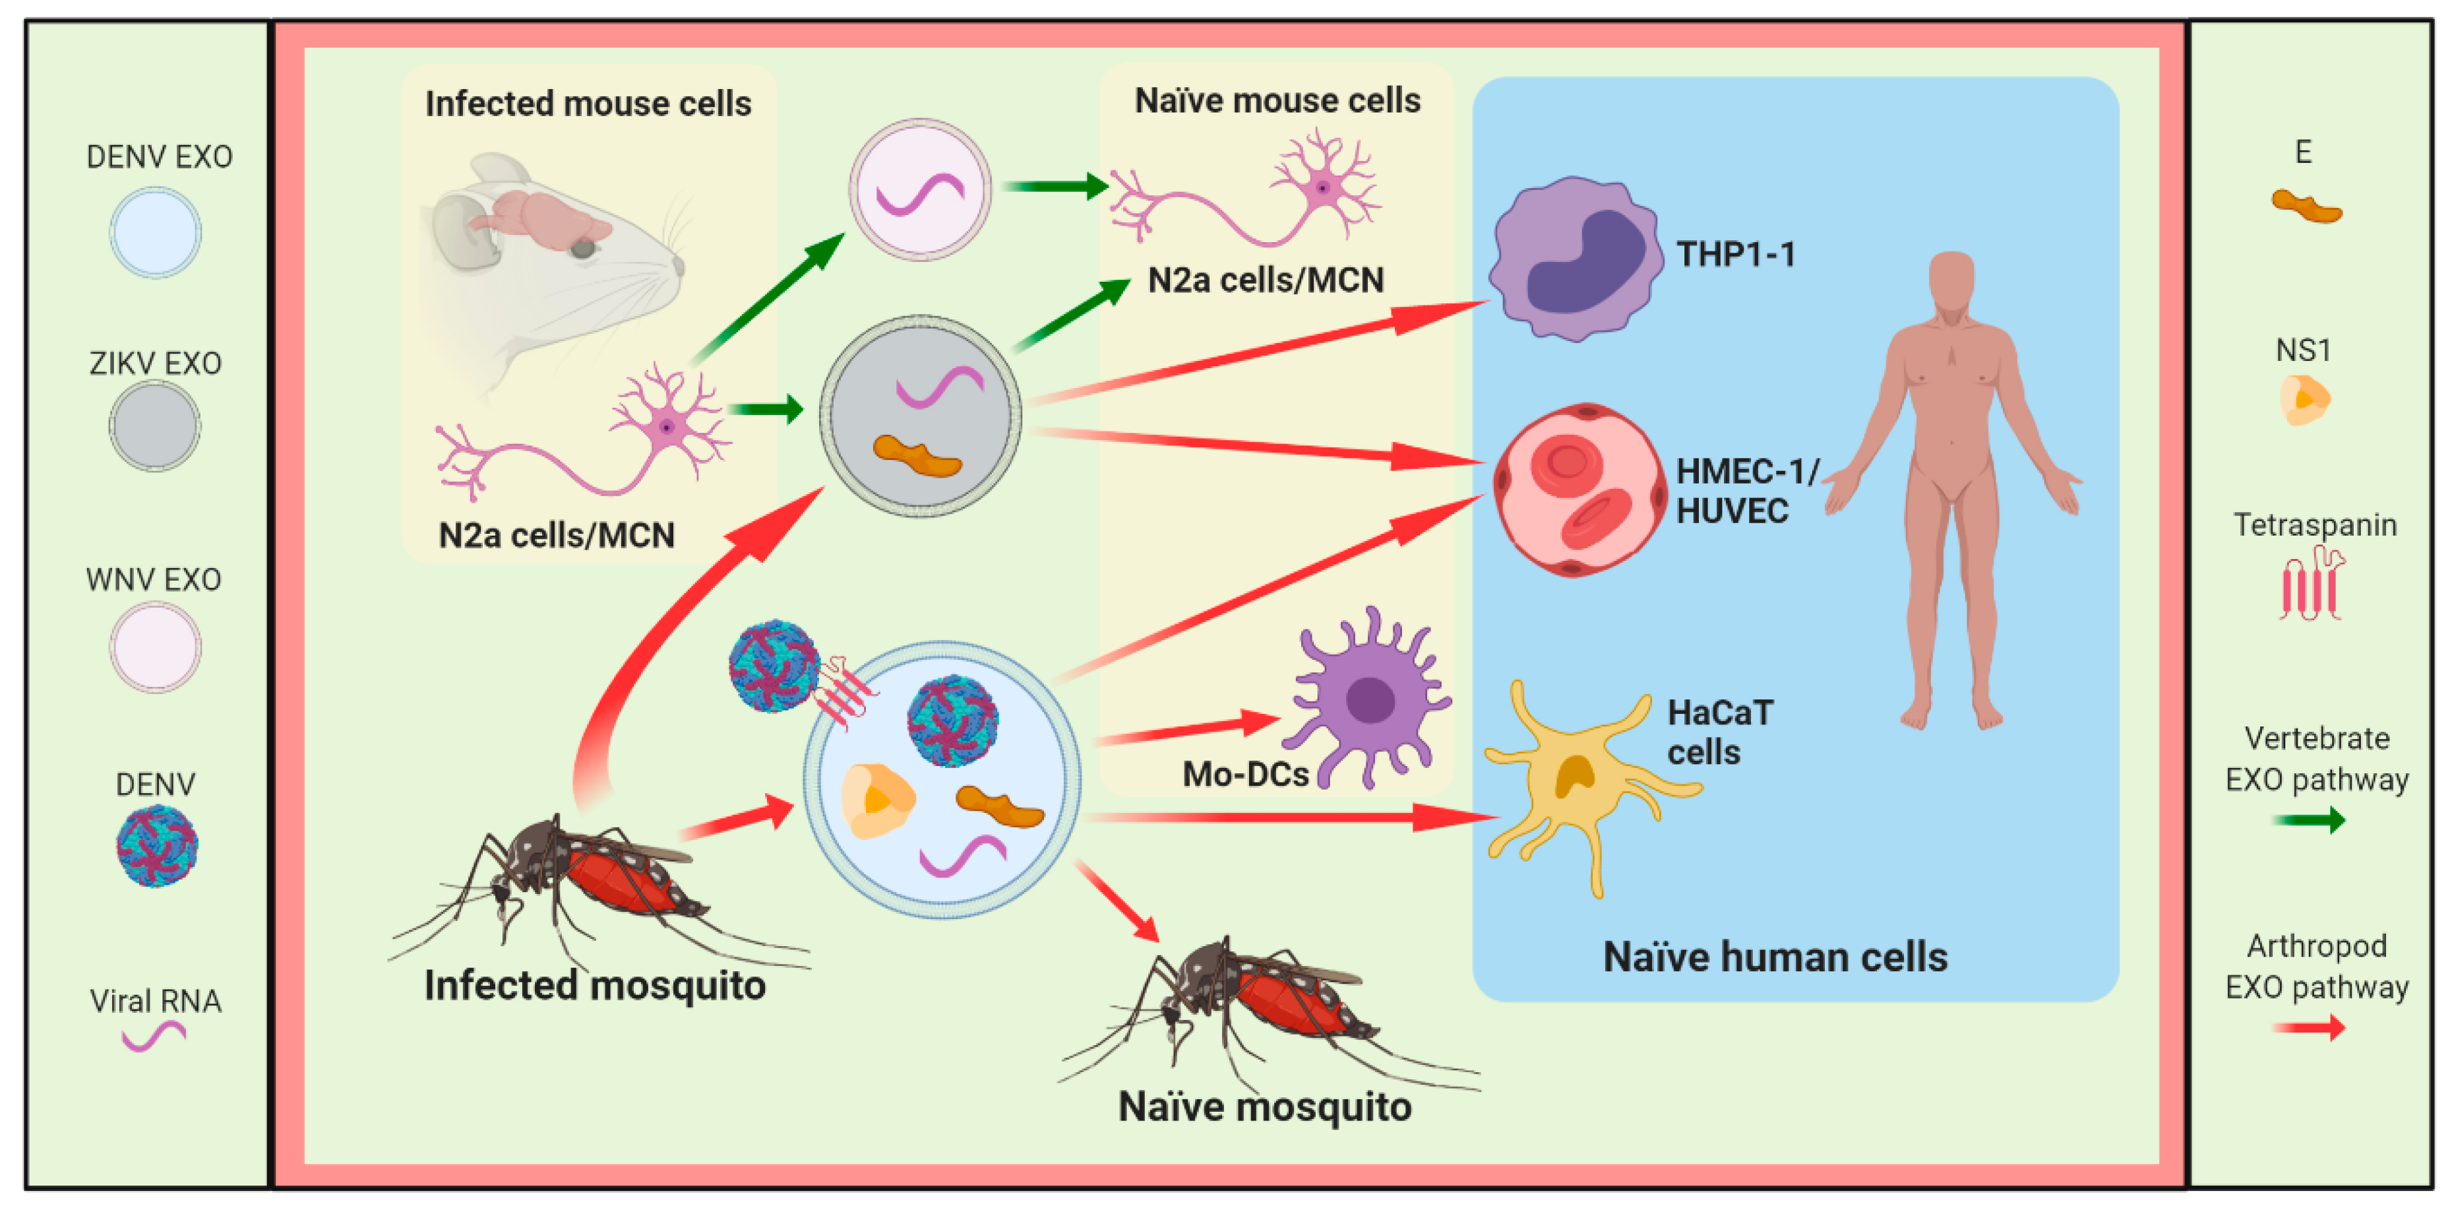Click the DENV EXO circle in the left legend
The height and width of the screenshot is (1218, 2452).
coord(155,232)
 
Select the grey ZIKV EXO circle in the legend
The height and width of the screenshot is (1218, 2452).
coord(154,425)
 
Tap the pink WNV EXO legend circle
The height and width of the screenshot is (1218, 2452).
coord(155,647)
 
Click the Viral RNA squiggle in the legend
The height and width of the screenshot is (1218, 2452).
coord(154,1035)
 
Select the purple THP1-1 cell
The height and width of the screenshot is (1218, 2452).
coord(1576,259)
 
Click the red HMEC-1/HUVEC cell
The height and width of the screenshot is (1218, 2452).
coord(1578,490)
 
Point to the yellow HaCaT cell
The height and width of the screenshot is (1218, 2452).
coord(1576,781)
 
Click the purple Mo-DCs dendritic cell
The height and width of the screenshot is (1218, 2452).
coord(1368,700)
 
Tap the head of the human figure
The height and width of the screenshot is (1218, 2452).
coord(1951,281)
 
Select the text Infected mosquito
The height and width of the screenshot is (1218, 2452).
coord(595,984)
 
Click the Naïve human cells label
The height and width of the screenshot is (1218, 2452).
coord(1775,956)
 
